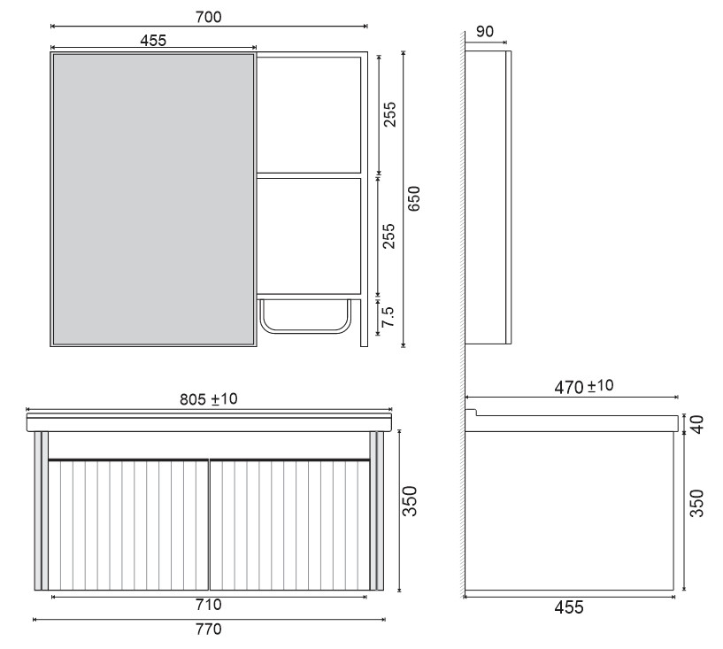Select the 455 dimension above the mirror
coord(152,39)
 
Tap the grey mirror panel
coord(152,199)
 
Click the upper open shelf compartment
coord(309,115)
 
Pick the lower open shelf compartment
coord(309,236)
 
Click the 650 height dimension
coord(413,199)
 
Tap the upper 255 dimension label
coord(389,115)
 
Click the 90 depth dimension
coord(484,32)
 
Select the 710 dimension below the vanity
coord(209,606)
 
